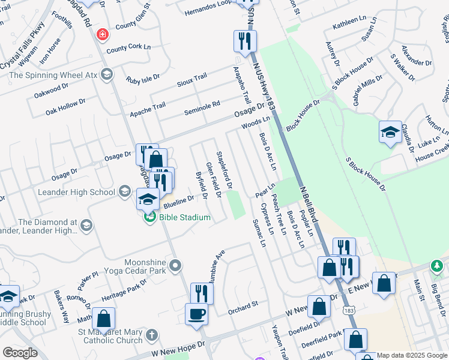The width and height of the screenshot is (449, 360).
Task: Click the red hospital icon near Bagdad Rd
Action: (x=103, y=34)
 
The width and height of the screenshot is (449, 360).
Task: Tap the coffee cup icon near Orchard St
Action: (x=196, y=313)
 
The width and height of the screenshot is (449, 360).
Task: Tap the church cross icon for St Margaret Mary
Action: (x=152, y=334)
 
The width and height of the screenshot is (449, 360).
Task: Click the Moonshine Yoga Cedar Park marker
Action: (x=175, y=265)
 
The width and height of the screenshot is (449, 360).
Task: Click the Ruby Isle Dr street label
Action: (x=143, y=78)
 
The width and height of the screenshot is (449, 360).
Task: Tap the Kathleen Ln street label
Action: (x=349, y=20)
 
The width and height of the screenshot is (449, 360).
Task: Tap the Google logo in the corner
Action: (x=20, y=353)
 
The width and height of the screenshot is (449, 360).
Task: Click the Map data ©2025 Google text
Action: (x=412, y=355)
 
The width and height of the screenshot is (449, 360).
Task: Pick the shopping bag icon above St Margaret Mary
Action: (x=104, y=319)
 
